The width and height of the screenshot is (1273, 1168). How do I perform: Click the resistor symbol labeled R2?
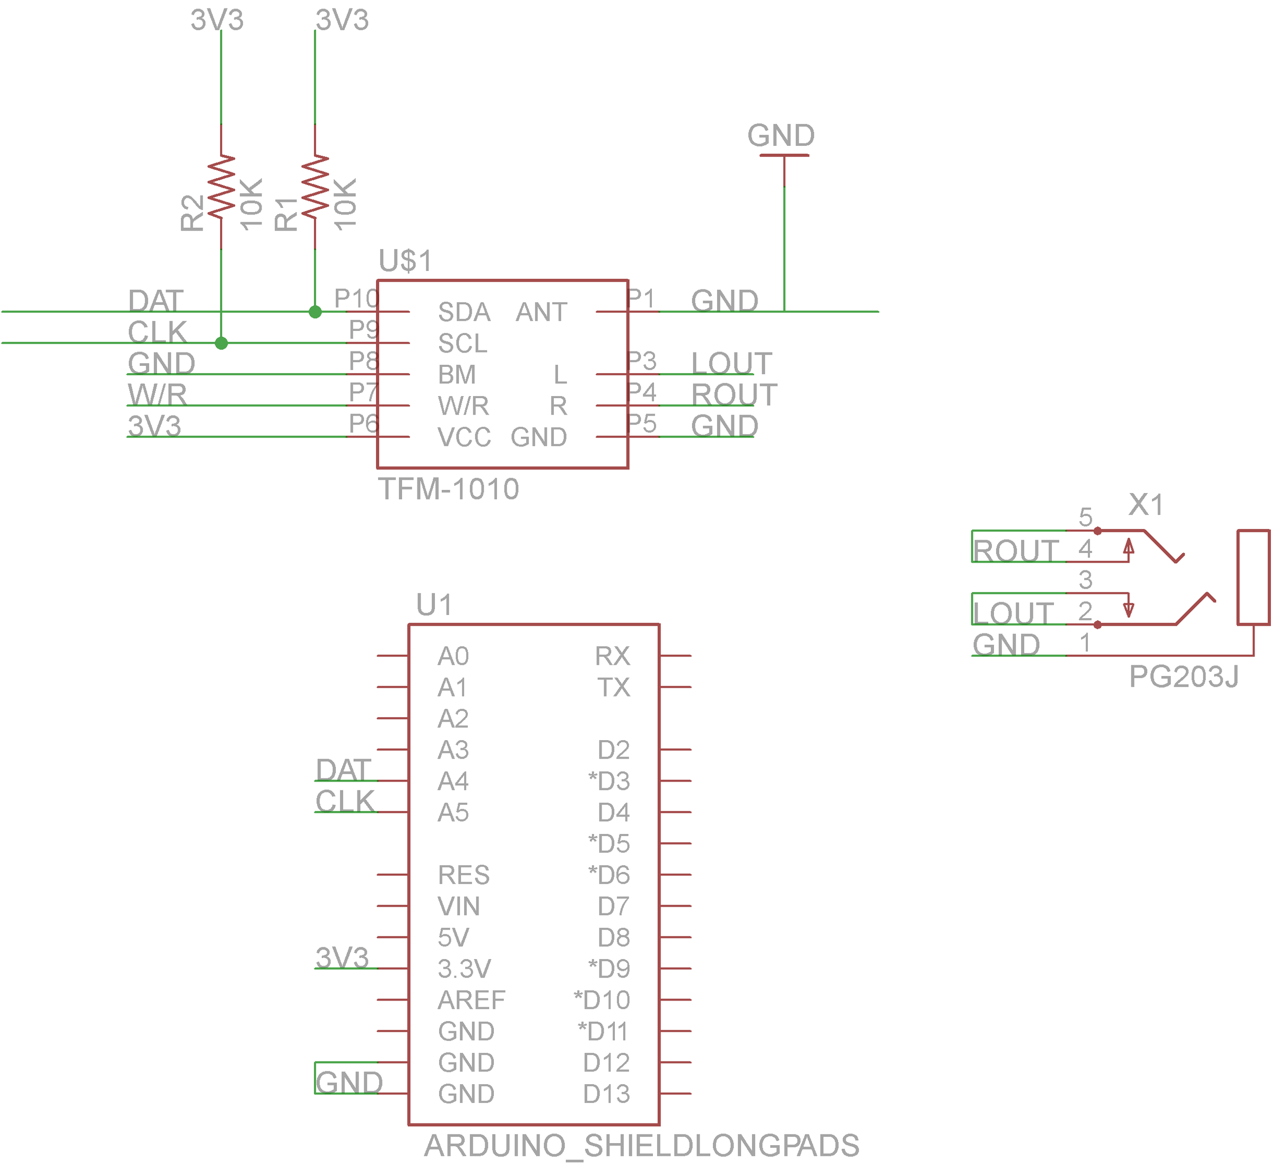click(221, 187)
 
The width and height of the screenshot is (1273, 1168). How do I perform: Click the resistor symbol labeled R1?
click(315, 187)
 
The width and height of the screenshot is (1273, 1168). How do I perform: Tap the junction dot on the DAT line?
click(315, 312)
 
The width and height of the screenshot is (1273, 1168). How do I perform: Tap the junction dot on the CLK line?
click(221, 343)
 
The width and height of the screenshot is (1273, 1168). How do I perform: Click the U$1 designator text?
click(405, 260)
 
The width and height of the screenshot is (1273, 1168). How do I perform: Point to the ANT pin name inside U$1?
click(542, 312)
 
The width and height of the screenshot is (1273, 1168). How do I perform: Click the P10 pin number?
click(356, 298)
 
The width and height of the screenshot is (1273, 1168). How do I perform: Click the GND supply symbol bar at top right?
click(784, 155)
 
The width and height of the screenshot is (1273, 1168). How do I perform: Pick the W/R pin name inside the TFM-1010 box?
click(463, 406)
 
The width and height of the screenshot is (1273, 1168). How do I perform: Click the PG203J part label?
click(1183, 677)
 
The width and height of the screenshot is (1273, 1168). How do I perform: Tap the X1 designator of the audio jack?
click(1146, 505)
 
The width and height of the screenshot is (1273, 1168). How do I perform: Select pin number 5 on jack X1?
click(1085, 517)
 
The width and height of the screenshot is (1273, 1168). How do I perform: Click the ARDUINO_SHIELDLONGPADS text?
click(641, 1146)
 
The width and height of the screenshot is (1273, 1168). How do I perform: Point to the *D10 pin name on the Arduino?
click(601, 1000)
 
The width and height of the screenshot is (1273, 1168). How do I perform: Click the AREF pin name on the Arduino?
click(471, 1000)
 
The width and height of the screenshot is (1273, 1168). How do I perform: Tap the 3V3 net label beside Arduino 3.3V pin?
click(342, 958)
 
